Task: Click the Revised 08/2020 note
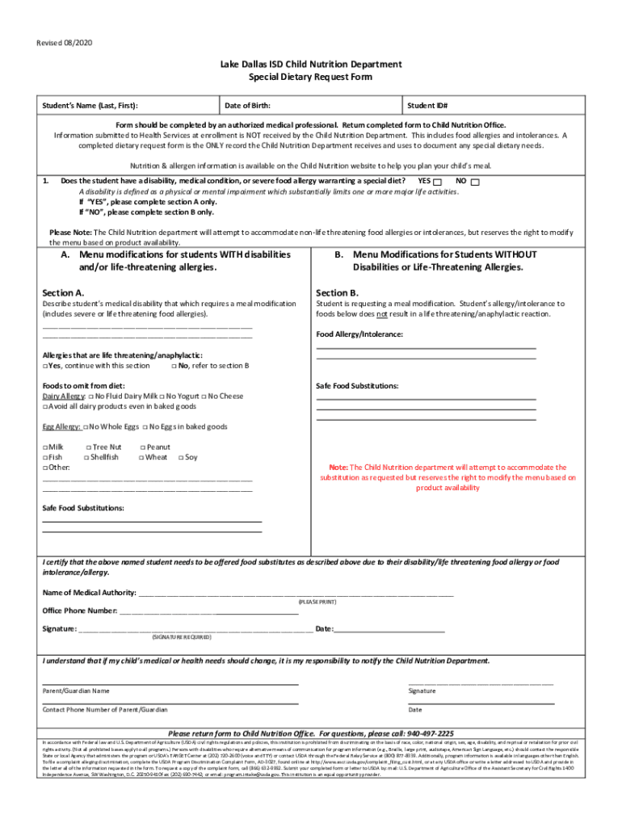[64, 41]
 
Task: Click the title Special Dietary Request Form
[311, 77]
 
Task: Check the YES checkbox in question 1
[437, 182]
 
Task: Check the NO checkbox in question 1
[475, 182]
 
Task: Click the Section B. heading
[338, 292]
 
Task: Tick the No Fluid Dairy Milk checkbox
[90, 397]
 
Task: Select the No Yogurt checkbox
[162, 397]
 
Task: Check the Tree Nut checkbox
[87, 447]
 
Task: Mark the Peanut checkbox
[142, 447]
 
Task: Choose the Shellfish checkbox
[87, 457]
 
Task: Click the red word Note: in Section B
[338, 468]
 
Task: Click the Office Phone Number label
[79, 611]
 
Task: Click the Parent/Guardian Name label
[76, 691]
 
